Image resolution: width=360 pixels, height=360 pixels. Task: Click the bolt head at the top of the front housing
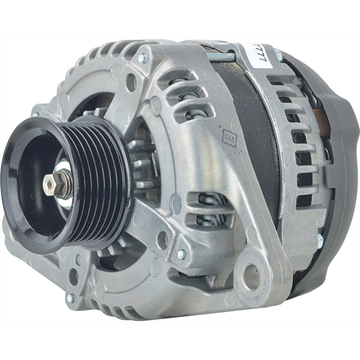pos(144,58)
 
